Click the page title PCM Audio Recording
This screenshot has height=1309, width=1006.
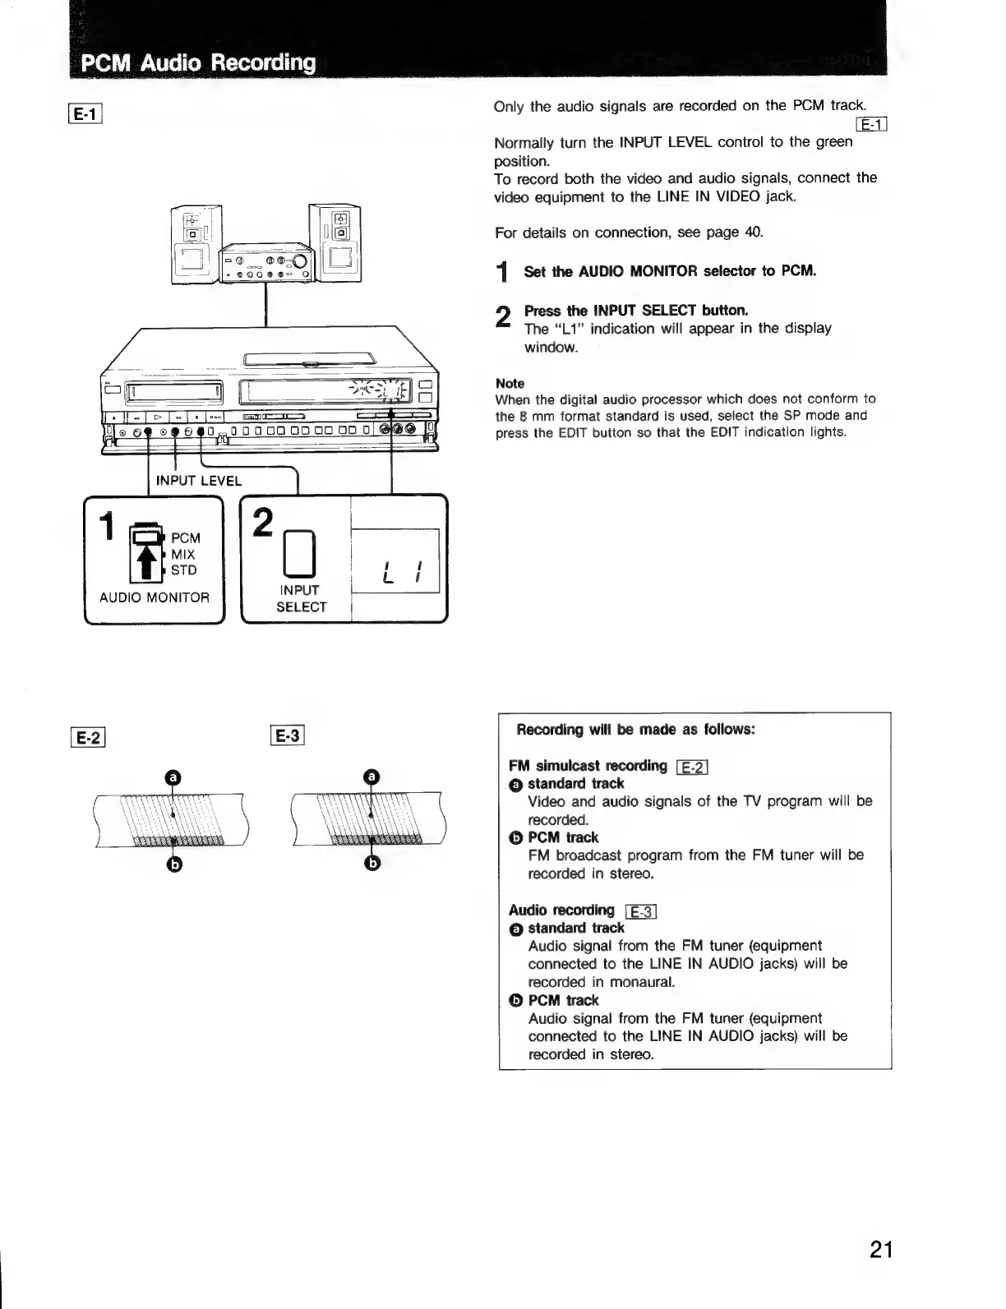point(197,62)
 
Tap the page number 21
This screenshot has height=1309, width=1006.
point(880,1250)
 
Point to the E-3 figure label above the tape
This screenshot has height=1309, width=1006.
point(287,736)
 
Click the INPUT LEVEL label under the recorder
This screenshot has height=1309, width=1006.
point(199,481)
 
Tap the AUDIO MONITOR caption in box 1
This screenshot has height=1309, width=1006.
point(155,597)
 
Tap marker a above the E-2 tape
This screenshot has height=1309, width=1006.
point(172,777)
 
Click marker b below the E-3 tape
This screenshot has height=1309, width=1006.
point(372,863)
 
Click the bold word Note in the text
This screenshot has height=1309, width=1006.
point(510,384)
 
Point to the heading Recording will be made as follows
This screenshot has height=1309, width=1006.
point(635,730)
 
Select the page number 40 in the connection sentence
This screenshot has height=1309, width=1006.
point(752,233)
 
